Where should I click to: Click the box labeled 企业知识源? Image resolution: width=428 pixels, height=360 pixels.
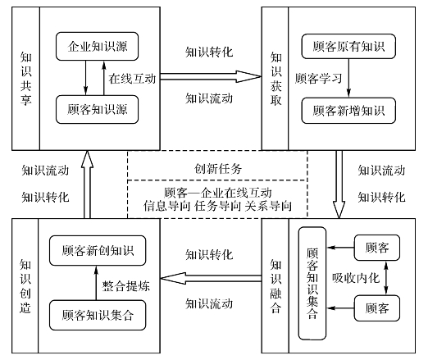(97, 46)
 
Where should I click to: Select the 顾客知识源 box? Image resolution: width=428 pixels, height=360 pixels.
(97, 109)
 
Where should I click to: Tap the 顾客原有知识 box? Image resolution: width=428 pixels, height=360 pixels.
(348, 46)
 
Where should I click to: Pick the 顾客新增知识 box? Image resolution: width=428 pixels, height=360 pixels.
(348, 111)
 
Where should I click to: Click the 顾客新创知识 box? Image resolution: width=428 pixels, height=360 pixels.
(98, 250)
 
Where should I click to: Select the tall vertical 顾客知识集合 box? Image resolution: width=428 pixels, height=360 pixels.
(312, 283)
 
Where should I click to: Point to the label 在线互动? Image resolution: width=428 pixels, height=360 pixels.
(132, 79)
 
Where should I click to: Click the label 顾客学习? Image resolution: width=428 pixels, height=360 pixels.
(318, 78)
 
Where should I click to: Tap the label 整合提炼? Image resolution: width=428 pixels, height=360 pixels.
(126, 286)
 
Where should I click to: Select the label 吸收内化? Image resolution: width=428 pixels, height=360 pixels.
(356, 278)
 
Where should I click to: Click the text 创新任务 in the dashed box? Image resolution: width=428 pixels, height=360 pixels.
(218, 168)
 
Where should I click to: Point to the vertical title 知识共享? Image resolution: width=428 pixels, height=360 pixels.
(26, 79)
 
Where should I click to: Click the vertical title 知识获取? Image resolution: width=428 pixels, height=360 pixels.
(275, 79)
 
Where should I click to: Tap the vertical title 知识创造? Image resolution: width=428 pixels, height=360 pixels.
(25, 286)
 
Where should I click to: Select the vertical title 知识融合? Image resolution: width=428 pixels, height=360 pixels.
(275, 286)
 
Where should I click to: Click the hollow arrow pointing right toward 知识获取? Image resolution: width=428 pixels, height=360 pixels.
(211, 76)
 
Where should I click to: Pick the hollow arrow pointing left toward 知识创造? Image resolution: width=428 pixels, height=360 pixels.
(211, 278)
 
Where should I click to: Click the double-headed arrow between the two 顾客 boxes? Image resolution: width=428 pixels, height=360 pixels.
(386, 278)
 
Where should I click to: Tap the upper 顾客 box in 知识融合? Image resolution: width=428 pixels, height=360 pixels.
(377, 248)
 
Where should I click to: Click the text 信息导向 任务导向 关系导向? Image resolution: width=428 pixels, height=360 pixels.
(218, 206)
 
